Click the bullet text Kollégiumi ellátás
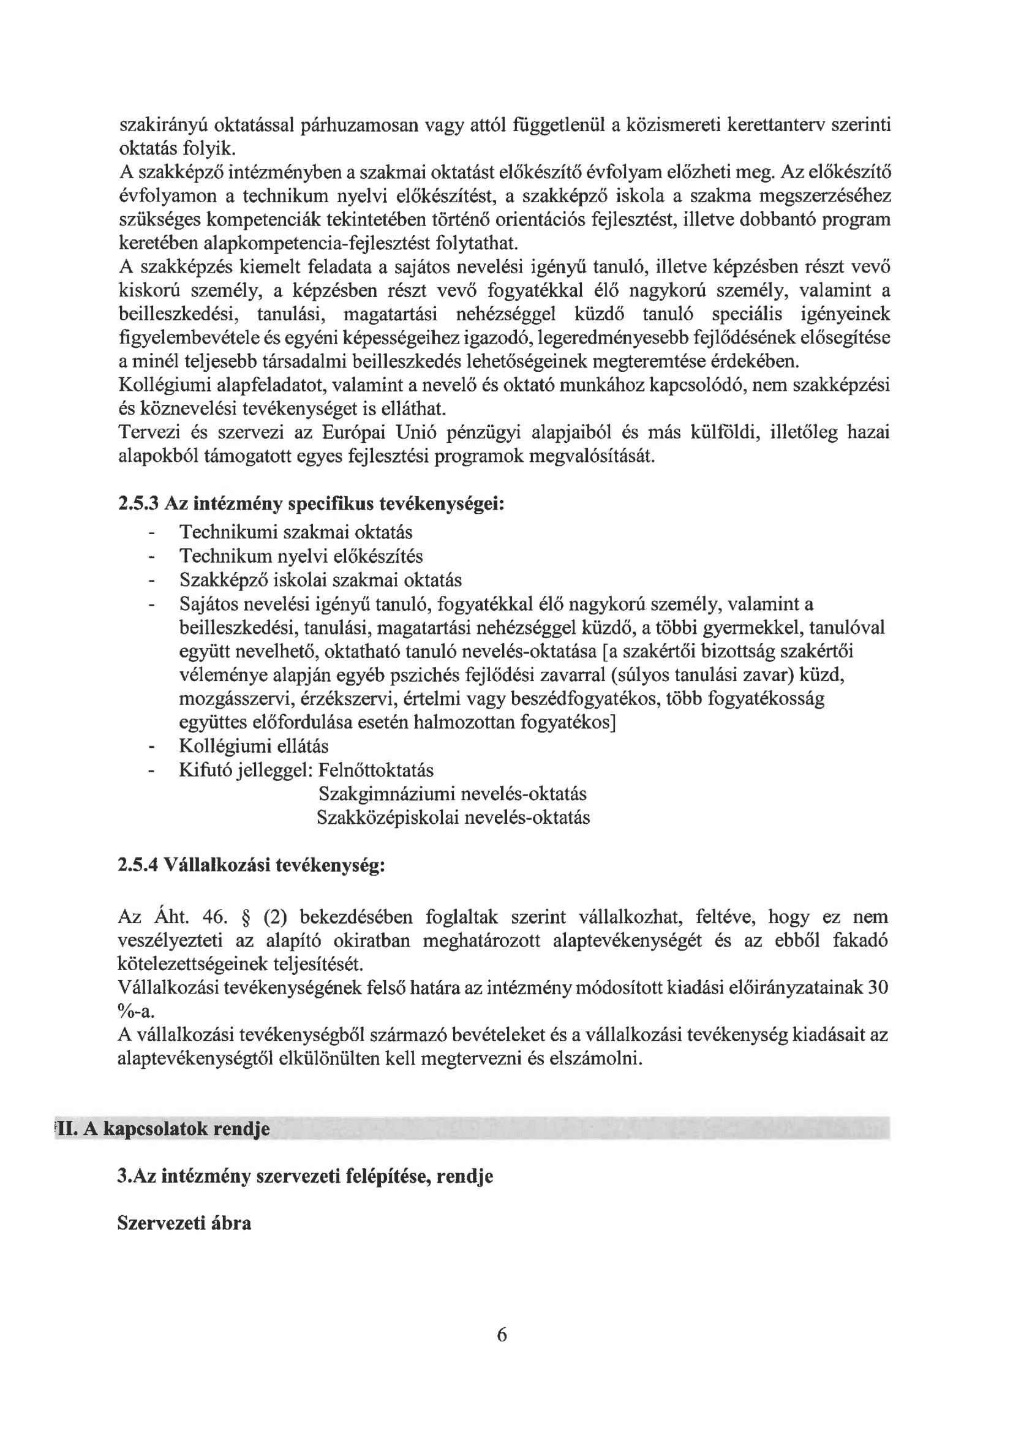(x=254, y=746)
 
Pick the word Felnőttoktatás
(x=375, y=770)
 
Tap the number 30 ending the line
(x=878, y=987)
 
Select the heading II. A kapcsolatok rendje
(x=164, y=1129)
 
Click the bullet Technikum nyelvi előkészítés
(x=301, y=556)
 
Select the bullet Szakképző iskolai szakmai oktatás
(x=320, y=580)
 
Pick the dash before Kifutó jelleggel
(x=150, y=771)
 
